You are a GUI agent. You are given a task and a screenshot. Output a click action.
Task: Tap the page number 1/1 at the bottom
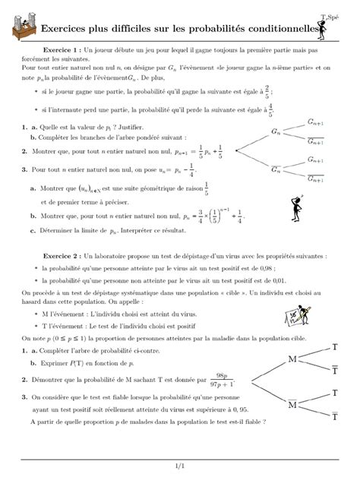coord(180,466)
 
